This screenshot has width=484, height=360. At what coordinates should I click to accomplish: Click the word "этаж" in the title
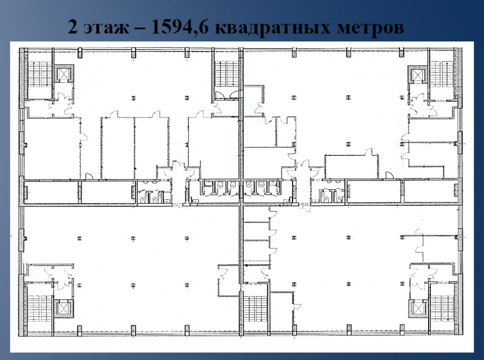106,27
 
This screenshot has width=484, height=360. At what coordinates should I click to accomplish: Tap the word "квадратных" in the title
273,28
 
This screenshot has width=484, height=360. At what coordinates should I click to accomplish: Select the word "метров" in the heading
371,28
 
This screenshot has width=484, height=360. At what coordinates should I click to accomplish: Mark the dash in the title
140,28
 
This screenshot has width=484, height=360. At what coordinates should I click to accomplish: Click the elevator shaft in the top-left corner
64,74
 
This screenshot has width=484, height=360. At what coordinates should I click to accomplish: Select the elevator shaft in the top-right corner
417,74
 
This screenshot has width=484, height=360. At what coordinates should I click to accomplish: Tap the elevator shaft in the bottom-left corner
64,308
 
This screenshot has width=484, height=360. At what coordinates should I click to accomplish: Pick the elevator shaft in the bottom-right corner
418,308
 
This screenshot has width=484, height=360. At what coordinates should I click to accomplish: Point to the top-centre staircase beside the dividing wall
226,74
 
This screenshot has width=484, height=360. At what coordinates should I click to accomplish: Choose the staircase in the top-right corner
442,74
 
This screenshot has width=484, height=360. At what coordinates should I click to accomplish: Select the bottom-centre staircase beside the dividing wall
255,308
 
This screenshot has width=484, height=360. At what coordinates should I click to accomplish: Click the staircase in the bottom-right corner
442,308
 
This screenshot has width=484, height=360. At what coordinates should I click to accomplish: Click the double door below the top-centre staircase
227,95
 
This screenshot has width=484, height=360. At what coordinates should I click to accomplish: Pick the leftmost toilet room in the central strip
154,192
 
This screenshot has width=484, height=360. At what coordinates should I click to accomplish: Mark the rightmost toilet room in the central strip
328,192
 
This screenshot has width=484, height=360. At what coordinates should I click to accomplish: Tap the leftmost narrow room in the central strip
51,192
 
